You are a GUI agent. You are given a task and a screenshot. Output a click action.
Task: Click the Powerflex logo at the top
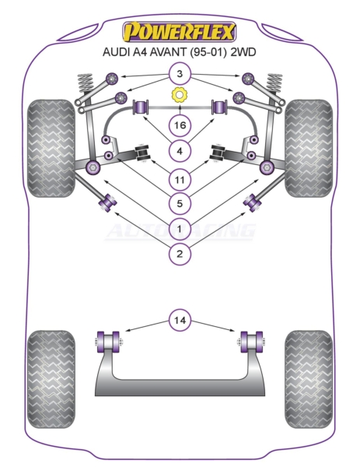click(x=180, y=31)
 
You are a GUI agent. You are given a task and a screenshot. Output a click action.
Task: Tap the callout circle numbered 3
click(x=180, y=74)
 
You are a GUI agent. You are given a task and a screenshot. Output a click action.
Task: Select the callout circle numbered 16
click(x=180, y=125)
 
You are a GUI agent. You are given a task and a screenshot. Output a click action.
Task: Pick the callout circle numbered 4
click(x=180, y=151)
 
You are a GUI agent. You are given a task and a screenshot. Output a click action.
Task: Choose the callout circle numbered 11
click(x=180, y=180)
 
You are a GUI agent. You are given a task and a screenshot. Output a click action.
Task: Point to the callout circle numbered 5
click(x=180, y=203)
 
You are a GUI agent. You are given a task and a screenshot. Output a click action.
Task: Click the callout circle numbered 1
click(x=180, y=229)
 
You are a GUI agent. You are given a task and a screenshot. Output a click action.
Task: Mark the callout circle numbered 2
click(x=180, y=254)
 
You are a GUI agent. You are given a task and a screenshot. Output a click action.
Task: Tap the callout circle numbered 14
click(x=180, y=320)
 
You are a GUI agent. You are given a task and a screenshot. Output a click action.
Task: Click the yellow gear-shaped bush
click(x=180, y=95)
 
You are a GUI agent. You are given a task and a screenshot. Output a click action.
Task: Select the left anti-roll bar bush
click(x=142, y=107)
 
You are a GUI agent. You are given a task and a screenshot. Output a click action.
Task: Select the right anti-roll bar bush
click(x=219, y=107)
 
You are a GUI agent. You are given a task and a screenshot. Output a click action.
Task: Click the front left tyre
click(x=51, y=148)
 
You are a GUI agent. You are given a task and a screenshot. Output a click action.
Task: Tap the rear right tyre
click(x=309, y=379)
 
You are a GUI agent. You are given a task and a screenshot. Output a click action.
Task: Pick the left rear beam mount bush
click(x=108, y=342)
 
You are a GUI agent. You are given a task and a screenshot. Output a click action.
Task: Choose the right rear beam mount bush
click(x=251, y=342)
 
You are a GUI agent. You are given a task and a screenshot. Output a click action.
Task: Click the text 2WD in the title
click(x=243, y=52)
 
